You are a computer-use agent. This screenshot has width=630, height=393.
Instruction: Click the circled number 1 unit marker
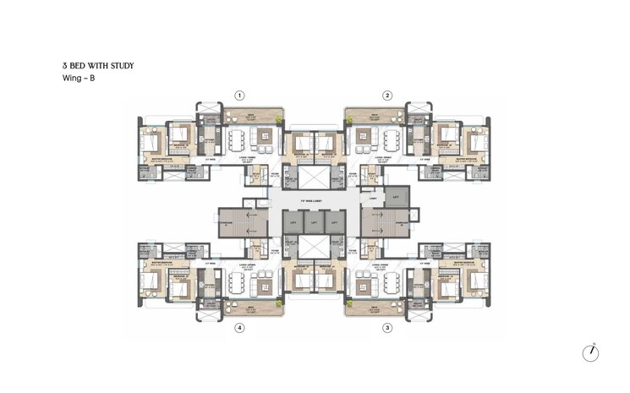[240, 96]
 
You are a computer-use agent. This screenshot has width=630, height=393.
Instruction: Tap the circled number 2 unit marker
[387, 96]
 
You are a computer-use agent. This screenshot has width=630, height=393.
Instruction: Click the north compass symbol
[589, 352]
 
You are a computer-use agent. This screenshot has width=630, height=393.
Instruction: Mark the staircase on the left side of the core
[243, 221]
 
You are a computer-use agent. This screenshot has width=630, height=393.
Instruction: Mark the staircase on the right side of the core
[384, 222]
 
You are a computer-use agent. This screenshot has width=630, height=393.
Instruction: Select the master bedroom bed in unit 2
[476, 140]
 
